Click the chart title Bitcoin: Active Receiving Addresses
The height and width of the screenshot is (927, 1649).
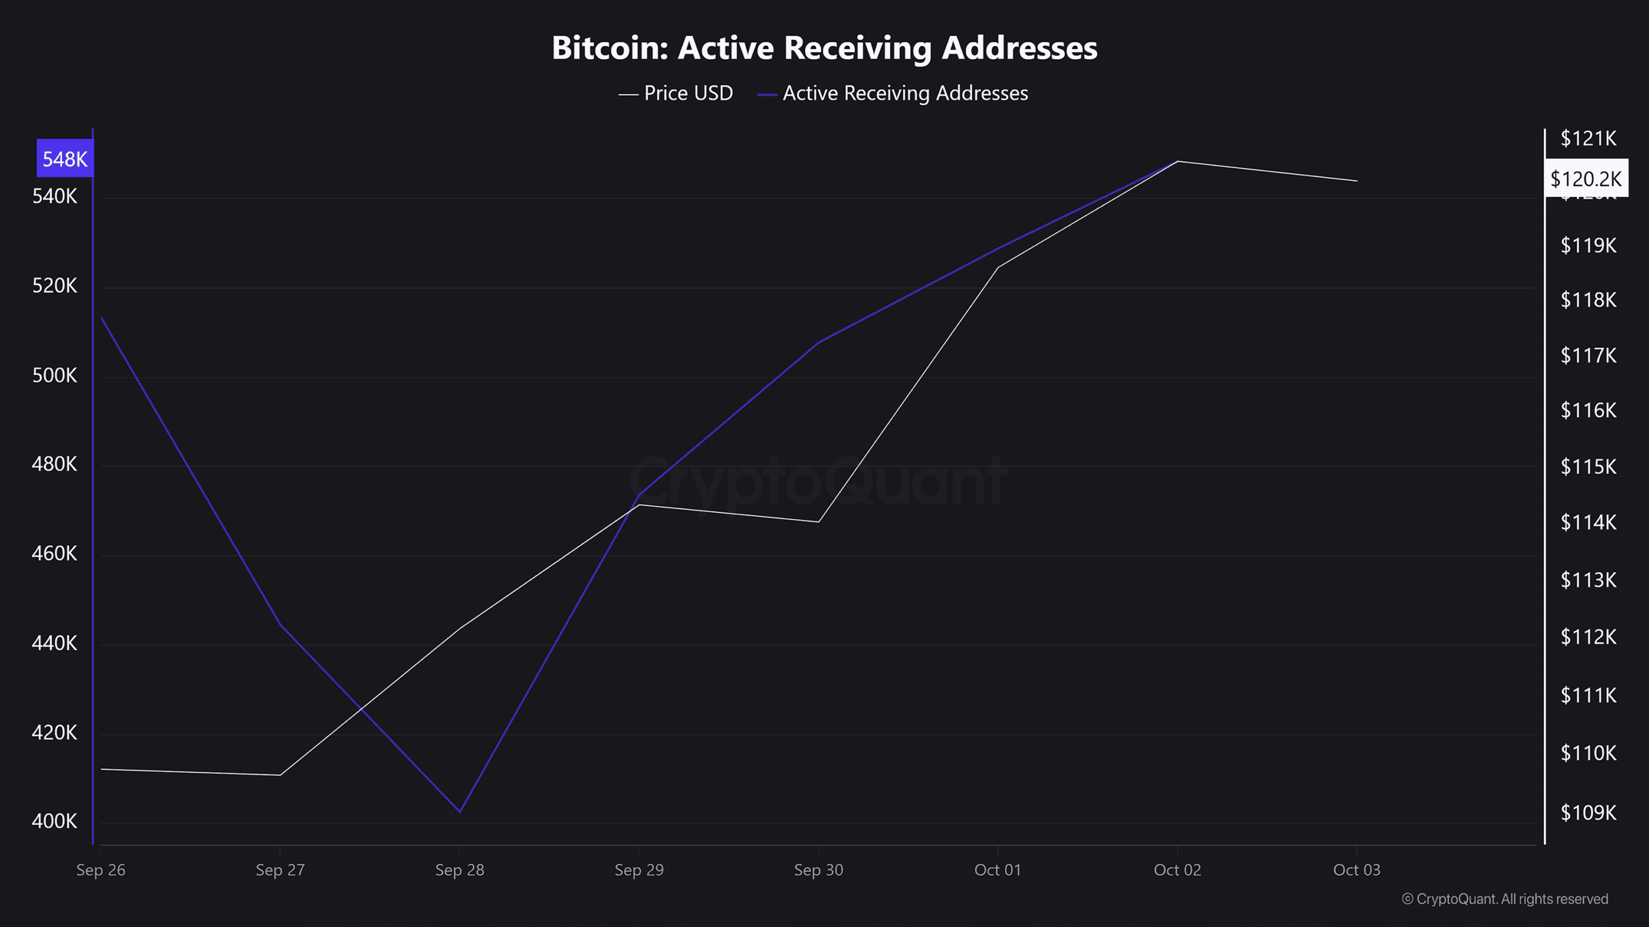824,48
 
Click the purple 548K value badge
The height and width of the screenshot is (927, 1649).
64,158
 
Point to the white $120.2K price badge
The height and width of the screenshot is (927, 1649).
1585,178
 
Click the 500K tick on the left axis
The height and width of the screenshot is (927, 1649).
55,375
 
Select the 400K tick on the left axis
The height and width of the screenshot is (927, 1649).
55,821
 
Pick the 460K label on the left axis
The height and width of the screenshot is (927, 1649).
55,554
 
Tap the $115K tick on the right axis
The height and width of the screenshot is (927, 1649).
1588,467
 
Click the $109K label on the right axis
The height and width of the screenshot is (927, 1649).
1588,813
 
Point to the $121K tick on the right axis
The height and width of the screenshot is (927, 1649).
1588,138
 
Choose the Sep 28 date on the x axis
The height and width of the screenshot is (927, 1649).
459,870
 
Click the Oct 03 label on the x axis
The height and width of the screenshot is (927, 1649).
1357,870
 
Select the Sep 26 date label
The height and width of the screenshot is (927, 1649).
101,870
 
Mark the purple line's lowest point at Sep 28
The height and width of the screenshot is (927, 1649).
459,812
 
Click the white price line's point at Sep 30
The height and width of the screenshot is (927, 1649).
818,521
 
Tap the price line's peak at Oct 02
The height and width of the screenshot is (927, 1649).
1177,161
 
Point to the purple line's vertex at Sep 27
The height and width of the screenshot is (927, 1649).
280,624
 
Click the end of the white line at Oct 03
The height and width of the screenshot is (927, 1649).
1357,181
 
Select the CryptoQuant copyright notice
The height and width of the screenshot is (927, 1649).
1505,899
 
